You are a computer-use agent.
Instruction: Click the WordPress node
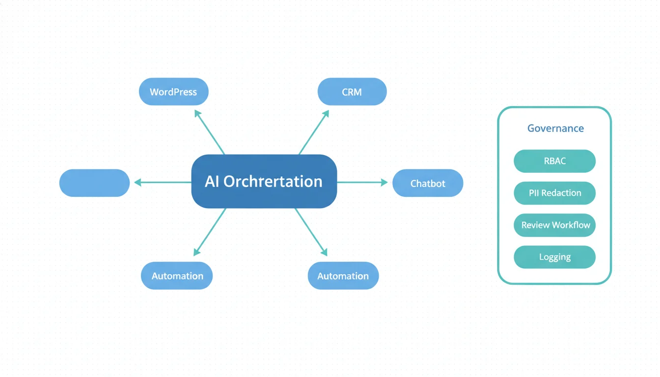173,92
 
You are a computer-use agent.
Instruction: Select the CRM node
352,92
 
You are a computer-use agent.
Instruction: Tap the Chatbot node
428,184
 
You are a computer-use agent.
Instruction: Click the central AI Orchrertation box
264,182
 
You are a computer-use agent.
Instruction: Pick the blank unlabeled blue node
94,183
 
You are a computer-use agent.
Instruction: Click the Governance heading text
555,129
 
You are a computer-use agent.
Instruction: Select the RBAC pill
554,161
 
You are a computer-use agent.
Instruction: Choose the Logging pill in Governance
554,257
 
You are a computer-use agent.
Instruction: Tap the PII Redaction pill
554,193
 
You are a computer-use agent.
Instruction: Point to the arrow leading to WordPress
210,132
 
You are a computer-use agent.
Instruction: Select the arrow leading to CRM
314,132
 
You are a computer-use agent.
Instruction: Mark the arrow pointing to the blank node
162,183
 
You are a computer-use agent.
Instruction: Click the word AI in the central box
212,182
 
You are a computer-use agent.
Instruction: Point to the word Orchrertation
273,182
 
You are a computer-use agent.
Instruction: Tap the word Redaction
561,193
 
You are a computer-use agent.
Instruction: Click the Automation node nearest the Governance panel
343,276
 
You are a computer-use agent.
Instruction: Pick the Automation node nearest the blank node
177,276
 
